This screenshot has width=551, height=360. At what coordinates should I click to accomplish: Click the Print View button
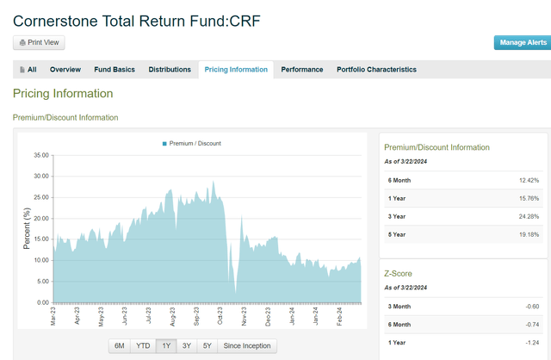pyautogui.click(x=39, y=43)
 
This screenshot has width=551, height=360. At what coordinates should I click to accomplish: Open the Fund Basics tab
pyautogui.click(x=115, y=70)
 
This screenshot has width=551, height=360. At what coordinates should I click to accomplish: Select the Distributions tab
pyautogui.click(x=170, y=70)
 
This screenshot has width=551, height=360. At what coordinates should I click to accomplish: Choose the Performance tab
pyautogui.click(x=302, y=70)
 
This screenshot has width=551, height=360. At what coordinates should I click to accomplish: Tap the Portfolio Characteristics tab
pyautogui.click(x=376, y=70)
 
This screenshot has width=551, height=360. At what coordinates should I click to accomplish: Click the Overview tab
pyautogui.click(x=65, y=70)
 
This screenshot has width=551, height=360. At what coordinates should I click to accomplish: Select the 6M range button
pyautogui.click(x=120, y=346)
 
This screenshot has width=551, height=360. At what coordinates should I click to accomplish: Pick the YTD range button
pyautogui.click(x=143, y=346)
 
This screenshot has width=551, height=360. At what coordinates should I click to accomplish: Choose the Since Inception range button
pyautogui.click(x=246, y=346)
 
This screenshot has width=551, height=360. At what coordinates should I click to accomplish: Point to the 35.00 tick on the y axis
pyautogui.click(x=40, y=156)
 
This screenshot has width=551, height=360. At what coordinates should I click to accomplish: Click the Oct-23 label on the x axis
pyautogui.click(x=221, y=317)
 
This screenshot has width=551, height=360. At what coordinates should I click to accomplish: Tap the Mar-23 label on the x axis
pyautogui.click(x=53, y=317)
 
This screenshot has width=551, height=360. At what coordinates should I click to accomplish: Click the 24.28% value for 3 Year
pyautogui.click(x=529, y=215)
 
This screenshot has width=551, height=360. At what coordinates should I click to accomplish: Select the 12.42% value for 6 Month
pyautogui.click(x=529, y=180)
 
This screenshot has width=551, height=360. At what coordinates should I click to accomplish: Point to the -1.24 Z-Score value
pyautogui.click(x=530, y=344)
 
